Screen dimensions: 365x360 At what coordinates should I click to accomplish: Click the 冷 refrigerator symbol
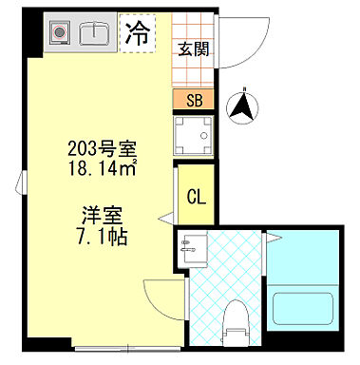click(x=137, y=35)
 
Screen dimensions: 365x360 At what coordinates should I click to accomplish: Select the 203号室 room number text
click(x=104, y=148)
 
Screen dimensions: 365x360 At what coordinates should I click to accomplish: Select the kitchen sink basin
click(x=95, y=34)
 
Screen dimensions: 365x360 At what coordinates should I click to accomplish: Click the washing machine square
click(x=193, y=136)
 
